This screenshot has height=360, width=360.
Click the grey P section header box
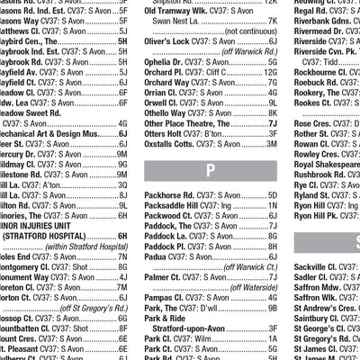211,168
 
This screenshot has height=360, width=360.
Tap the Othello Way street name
171,112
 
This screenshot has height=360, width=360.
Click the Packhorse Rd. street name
176,195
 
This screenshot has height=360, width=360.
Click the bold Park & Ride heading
165,318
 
